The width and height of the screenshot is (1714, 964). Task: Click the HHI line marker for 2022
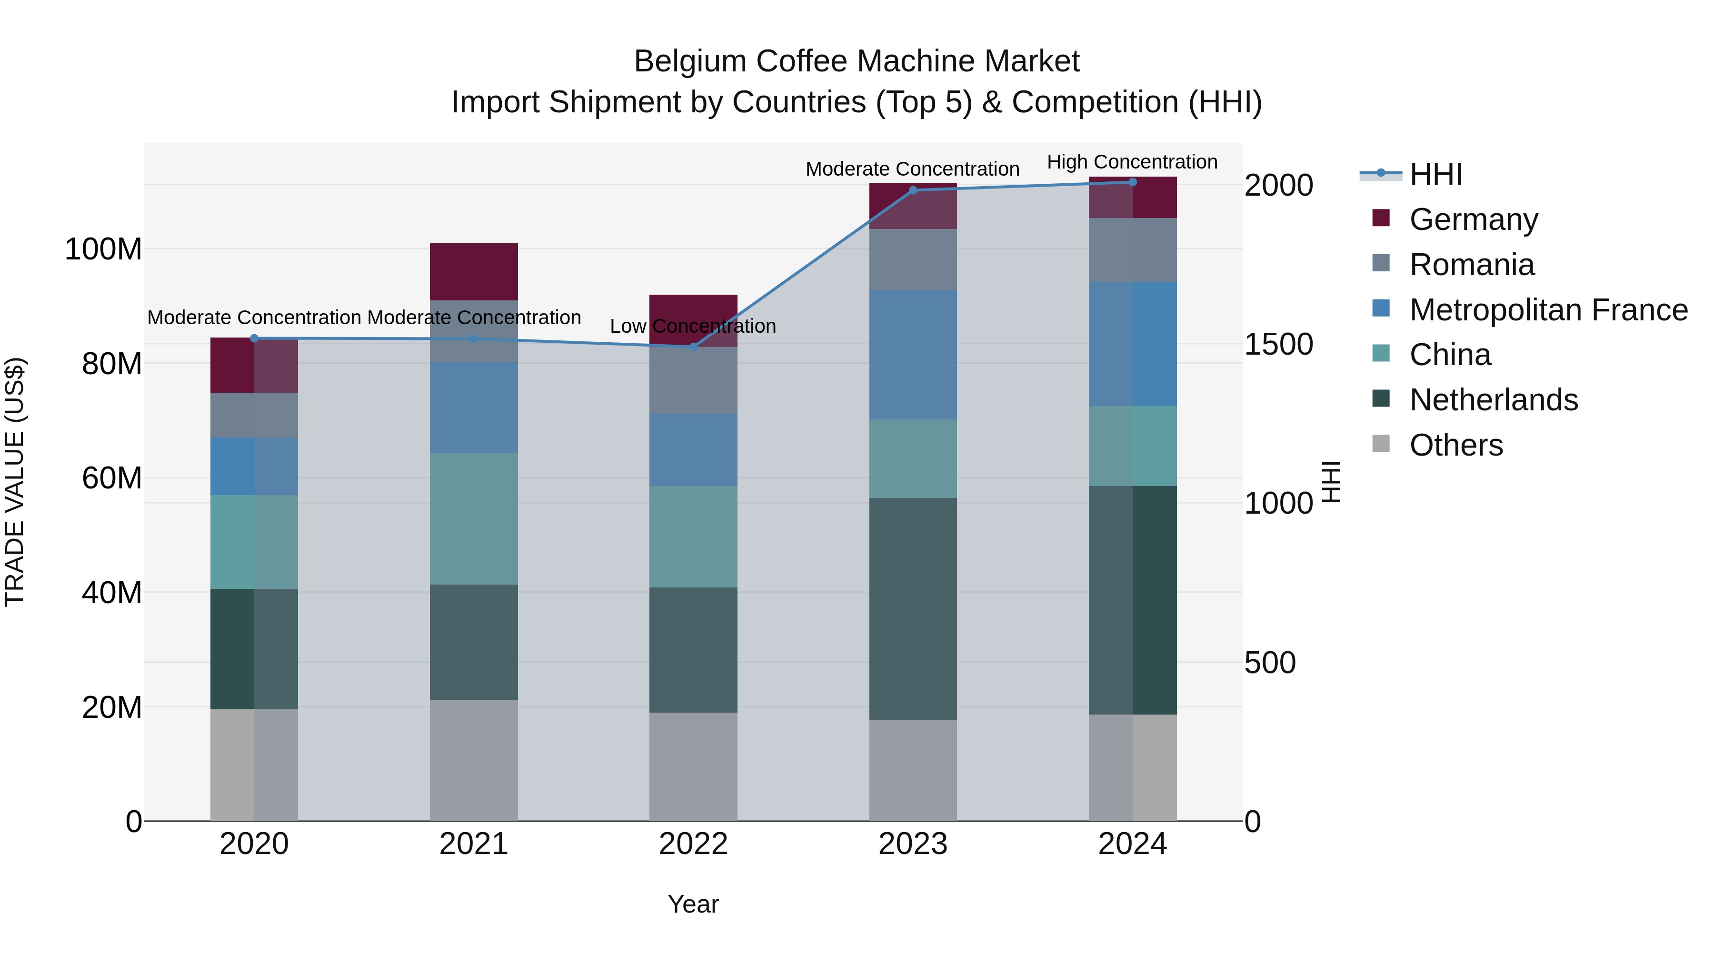click(693, 347)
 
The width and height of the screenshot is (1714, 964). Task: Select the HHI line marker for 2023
click(913, 190)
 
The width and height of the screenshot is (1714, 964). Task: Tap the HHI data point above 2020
click(254, 338)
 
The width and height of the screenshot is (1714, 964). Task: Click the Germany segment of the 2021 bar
click(474, 271)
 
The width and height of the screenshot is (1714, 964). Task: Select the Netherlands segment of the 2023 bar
click(913, 609)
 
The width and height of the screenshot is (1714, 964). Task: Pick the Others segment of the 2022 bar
click(693, 766)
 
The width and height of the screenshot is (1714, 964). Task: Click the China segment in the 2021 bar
click(474, 518)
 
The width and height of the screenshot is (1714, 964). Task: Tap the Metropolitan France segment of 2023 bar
click(913, 355)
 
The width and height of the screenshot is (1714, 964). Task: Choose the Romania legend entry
click(1472, 265)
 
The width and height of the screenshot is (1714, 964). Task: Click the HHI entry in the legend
click(1435, 174)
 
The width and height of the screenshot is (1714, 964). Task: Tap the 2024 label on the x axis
click(1133, 844)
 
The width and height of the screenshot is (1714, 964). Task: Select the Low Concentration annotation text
click(693, 326)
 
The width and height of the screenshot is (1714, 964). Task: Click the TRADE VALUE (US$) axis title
click(15, 482)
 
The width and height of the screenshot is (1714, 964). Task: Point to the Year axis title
click(693, 904)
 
